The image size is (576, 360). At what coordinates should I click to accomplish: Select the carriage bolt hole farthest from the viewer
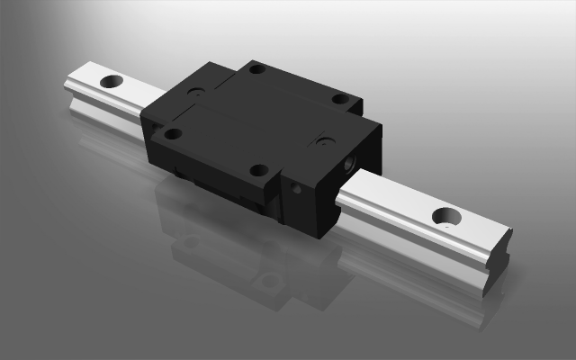pyautogui.click(x=257, y=68)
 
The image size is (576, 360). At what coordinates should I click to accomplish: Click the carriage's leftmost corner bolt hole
pyautogui.click(x=172, y=133)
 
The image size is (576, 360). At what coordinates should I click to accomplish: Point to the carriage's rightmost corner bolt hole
pyautogui.click(x=341, y=99)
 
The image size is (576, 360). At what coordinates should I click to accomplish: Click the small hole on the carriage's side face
pyautogui.click(x=298, y=189)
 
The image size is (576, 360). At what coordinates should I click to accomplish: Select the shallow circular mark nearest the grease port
pyautogui.click(x=325, y=141)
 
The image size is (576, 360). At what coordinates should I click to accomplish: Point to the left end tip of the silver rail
pyautogui.click(x=67, y=87)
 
